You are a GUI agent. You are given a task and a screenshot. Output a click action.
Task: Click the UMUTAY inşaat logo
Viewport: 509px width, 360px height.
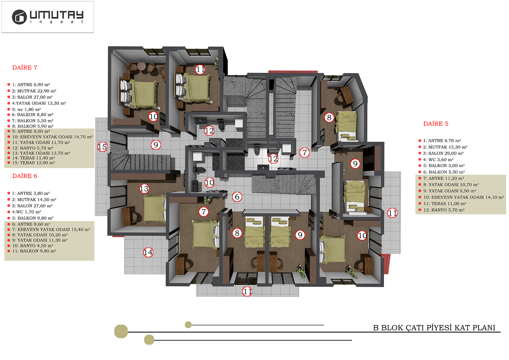(x=48, y=17)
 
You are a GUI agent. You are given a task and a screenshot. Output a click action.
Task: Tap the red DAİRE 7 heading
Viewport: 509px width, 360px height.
(x=25, y=68)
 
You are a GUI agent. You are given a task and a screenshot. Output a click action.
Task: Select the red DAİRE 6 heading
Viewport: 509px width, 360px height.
(x=25, y=176)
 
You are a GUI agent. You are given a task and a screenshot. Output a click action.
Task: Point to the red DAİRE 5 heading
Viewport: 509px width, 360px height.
(x=436, y=124)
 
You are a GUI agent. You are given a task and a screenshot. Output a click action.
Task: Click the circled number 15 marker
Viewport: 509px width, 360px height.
(x=102, y=147)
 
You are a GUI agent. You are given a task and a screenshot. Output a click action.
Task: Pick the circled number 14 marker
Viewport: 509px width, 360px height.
(x=148, y=253)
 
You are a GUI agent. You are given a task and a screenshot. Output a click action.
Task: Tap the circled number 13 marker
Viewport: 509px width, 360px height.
(x=144, y=189)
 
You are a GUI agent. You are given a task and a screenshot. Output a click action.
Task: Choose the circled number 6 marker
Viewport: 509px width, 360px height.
(x=237, y=197)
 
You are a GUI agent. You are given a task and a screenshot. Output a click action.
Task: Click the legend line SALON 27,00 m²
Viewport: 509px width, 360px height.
(x=32, y=97)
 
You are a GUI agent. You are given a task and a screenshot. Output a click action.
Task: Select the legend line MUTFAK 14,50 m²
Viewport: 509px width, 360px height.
(x=34, y=200)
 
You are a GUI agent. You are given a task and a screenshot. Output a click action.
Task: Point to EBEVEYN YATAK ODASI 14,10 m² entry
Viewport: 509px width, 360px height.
(x=464, y=197)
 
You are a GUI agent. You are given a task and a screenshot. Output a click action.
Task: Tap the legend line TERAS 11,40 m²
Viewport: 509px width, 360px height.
(x=33, y=158)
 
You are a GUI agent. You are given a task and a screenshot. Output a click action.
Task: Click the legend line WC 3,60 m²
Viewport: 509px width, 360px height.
(x=438, y=160)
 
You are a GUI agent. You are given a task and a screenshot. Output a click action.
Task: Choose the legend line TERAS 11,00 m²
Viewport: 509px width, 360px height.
(x=445, y=204)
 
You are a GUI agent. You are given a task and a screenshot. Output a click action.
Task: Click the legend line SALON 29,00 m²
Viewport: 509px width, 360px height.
(x=443, y=153)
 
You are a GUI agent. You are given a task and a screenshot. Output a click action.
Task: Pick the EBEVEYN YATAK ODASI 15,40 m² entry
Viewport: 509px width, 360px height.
(x=51, y=230)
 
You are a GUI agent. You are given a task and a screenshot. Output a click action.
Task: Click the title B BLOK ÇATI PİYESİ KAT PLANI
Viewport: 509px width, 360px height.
(x=434, y=328)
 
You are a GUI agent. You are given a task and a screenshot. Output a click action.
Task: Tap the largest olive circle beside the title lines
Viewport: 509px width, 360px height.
(x=121, y=331)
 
